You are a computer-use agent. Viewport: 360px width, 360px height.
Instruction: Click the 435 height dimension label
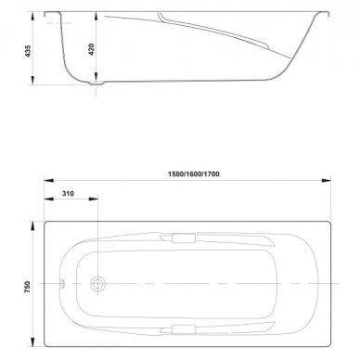[x=28, y=51]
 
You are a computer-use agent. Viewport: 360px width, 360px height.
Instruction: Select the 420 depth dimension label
[x=92, y=49]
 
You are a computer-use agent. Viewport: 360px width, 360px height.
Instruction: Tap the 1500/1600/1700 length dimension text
[x=194, y=174]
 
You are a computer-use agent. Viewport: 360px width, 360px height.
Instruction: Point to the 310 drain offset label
[x=68, y=194]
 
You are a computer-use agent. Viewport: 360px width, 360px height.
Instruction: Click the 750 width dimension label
[x=28, y=287]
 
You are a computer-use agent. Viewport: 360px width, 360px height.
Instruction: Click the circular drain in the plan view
[x=97, y=284]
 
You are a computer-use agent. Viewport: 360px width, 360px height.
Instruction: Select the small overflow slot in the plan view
[x=62, y=283]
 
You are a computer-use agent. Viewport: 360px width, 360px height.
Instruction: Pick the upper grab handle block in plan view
[x=184, y=238]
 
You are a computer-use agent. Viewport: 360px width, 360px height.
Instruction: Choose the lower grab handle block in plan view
[x=184, y=329]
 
